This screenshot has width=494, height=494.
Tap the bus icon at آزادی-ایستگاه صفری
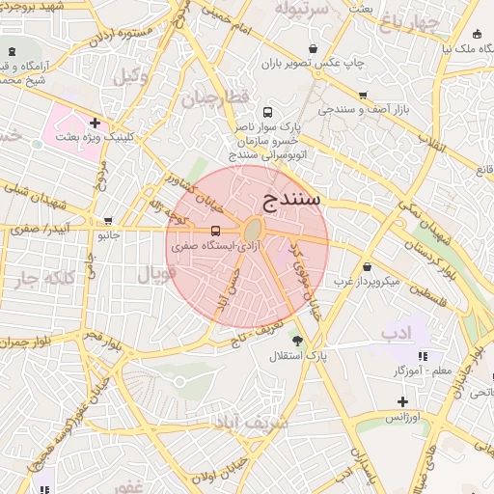coord(215,231)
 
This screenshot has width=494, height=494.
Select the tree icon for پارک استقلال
coord(296,341)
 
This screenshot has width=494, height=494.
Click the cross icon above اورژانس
coord(402,401)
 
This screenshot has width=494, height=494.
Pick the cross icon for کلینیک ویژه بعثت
coord(95,123)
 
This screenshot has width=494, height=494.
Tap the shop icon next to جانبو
coord(108,220)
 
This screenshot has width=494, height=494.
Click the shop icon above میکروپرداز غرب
coord(367,267)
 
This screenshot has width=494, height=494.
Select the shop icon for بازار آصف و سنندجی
coord(363,95)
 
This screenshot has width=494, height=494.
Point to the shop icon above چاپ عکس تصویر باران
coord(312,48)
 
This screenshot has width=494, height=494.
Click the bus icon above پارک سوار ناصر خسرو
coord(267,111)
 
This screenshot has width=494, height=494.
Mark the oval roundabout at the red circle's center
coord(253,231)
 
